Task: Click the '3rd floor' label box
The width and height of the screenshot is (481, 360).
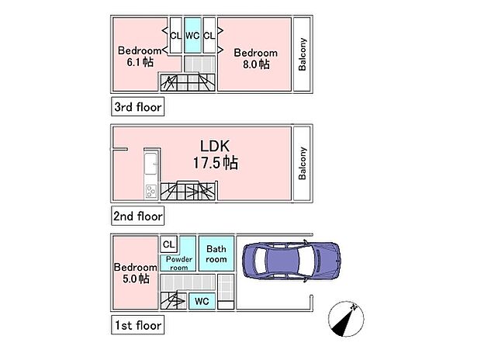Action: click(137, 107)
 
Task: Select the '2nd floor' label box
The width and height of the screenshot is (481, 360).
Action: click(137, 216)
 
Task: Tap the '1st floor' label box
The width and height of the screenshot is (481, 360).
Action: click(137, 325)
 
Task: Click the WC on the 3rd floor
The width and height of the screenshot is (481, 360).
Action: click(192, 36)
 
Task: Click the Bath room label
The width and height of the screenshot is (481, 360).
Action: click(216, 254)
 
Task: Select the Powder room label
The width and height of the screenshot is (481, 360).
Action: click(178, 263)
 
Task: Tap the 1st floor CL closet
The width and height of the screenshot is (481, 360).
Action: click(169, 244)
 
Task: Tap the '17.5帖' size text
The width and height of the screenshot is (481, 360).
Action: click(215, 163)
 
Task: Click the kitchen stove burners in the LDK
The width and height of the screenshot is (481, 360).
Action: click(150, 192)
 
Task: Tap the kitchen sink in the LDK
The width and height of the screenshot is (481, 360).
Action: click(150, 165)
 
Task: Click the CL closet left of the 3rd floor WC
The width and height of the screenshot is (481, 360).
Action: click(175, 36)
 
